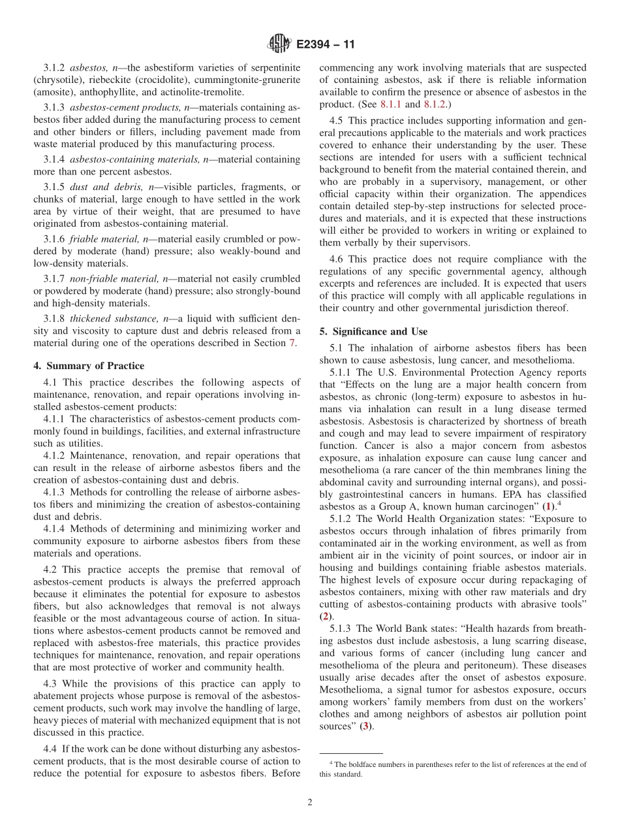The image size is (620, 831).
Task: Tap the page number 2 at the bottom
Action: [310, 803]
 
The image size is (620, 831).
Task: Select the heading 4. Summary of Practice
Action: [89, 366]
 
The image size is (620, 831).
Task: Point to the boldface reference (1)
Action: [550, 506]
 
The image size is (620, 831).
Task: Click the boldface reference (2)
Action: [324, 617]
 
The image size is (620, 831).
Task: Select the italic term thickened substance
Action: [106, 318]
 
